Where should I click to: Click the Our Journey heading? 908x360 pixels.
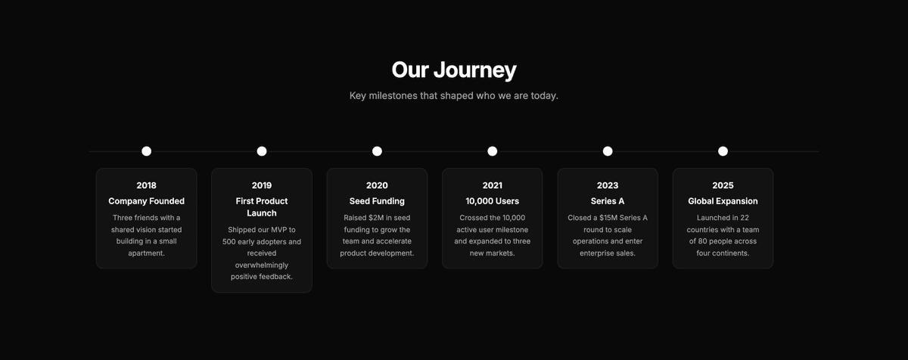point(454,70)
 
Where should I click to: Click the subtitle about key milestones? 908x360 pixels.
point(454,96)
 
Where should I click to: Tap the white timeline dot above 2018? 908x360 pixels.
point(147,151)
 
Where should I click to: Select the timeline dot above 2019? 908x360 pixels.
point(262,151)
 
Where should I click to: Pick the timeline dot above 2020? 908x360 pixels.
point(377,151)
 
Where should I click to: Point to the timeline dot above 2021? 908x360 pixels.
point(493,151)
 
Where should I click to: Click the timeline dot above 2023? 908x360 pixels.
point(608,151)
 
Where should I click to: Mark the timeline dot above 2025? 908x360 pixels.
point(723,151)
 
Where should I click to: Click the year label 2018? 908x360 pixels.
point(147,185)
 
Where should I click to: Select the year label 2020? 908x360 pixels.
point(377,185)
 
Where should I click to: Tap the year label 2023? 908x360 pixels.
point(608,185)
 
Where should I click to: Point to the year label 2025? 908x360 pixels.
point(723,185)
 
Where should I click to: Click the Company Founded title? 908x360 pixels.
point(147,201)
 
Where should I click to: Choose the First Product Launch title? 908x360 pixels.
point(262,207)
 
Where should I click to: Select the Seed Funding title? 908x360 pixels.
point(377,201)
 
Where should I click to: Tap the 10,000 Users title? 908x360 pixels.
point(493,201)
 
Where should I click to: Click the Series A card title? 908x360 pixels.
point(608,201)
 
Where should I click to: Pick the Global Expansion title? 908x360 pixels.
point(723,201)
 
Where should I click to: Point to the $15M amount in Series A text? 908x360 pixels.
point(607,218)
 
